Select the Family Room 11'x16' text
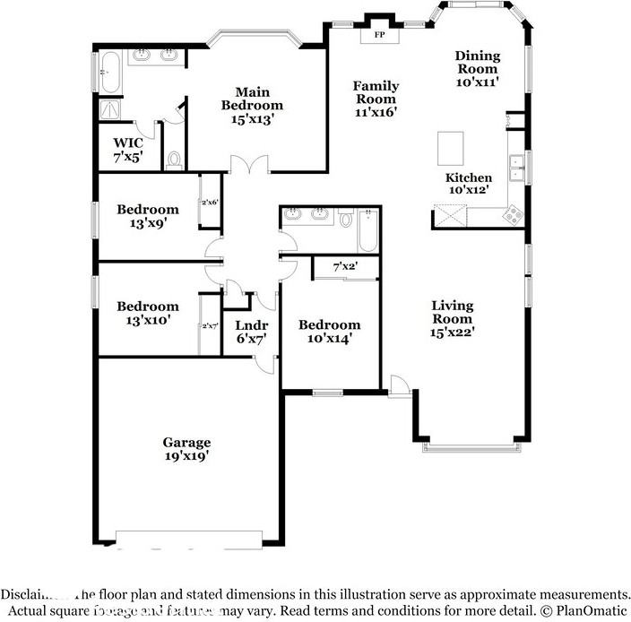pos(376,99)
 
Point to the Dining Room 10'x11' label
pos(477,68)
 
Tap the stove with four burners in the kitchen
pos(514,214)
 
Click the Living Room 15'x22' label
pos(452,318)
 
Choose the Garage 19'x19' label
pos(186,449)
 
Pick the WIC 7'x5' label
pos(127,150)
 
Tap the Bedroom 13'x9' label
pos(148,217)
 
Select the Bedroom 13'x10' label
pos(148,313)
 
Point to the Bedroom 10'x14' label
pos(330,332)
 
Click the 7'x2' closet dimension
pos(346,267)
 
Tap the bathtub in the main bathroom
pos(108,73)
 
